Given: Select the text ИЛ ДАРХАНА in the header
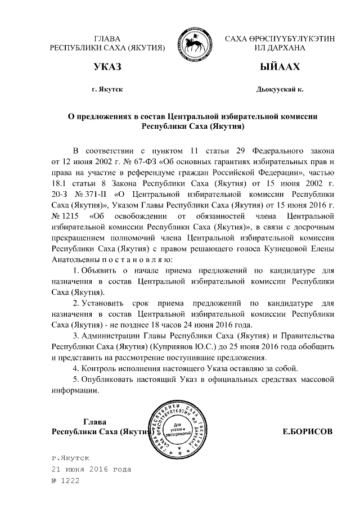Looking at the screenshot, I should (x=279, y=48).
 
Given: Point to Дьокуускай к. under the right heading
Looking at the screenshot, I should (x=279, y=89).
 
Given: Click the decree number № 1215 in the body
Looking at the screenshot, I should (x=64, y=216).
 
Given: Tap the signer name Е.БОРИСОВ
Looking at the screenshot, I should (x=307, y=431).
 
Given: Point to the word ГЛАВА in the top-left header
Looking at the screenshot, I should (x=107, y=38).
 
